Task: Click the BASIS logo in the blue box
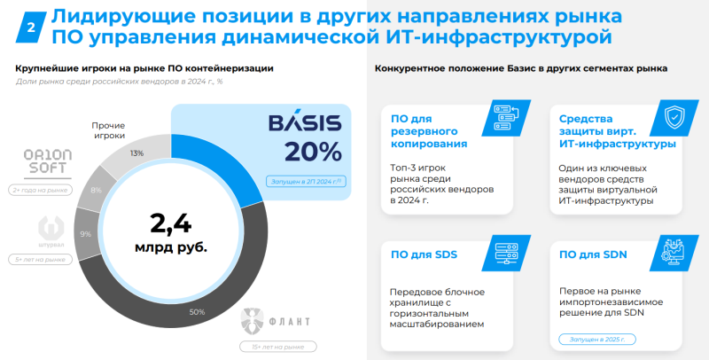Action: (x=303, y=123)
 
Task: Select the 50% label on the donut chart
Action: (x=197, y=311)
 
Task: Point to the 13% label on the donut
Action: (x=136, y=153)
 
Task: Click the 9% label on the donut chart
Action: (x=86, y=234)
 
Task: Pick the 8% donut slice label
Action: (x=96, y=190)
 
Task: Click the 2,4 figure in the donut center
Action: (x=170, y=222)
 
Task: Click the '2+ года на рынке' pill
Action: (x=38, y=190)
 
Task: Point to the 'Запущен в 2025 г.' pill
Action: (x=597, y=339)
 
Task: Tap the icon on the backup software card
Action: (x=507, y=116)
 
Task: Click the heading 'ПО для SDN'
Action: (x=594, y=256)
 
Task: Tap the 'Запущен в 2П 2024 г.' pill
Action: (x=305, y=182)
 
